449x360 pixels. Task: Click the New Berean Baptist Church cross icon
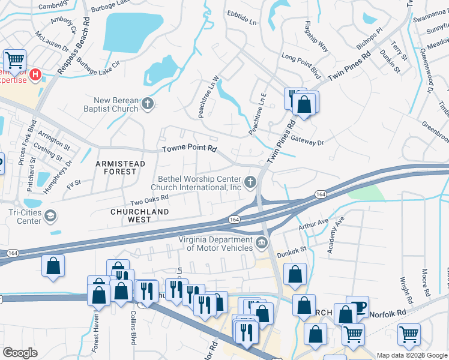click(148, 105)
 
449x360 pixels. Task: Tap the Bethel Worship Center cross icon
click(250, 182)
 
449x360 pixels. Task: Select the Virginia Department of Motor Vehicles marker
click(261, 243)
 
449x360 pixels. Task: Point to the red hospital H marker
click(36, 75)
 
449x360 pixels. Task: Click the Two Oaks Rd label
click(148, 200)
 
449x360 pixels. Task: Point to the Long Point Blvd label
click(301, 65)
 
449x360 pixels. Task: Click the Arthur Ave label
click(314, 224)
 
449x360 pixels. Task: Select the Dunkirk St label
click(292, 252)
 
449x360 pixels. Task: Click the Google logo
click(20, 353)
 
